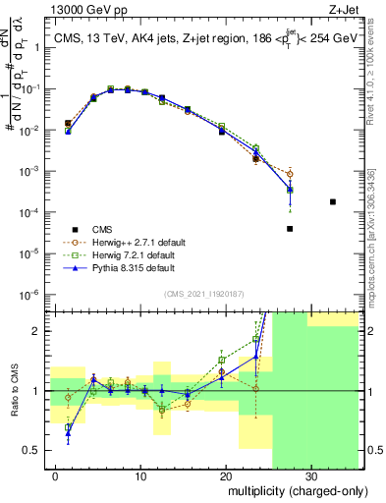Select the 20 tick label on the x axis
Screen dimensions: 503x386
tap(225, 475)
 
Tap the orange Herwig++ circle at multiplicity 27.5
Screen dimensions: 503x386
tap(290, 174)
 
